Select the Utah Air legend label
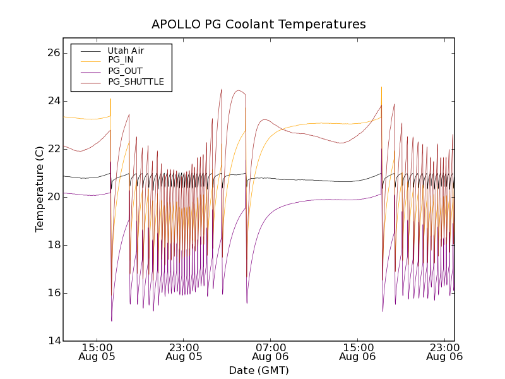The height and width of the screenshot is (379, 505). (126, 51)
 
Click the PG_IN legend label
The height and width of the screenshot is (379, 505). (121, 60)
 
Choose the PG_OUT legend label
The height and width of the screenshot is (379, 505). (125, 71)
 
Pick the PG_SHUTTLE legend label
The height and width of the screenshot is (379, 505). (136, 81)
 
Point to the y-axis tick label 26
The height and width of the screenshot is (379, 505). (53, 53)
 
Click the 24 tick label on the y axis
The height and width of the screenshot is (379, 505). (53, 101)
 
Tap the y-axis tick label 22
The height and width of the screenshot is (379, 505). (53, 149)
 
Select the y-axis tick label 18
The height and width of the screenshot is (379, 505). (53, 245)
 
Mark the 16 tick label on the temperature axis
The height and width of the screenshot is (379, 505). (53, 293)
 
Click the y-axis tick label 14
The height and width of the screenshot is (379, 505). (53, 341)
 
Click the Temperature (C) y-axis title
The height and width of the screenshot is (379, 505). (40, 189)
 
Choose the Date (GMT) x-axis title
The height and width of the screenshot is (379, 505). (259, 370)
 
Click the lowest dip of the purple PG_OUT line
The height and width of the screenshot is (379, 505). (112, 321)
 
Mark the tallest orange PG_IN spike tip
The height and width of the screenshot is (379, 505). (381, 87)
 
